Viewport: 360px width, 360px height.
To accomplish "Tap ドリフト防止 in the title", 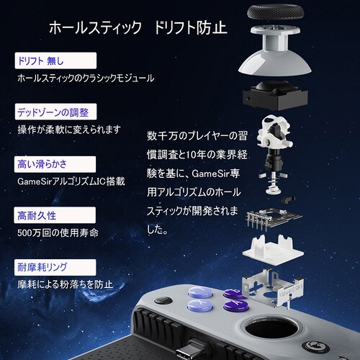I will pyautogui.click(x=191, y=29).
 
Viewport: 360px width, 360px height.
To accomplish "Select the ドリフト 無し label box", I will pyautogui.click(x=55, y=59).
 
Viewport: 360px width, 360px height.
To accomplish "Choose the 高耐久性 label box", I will pyautogui.click(x=55, y=215).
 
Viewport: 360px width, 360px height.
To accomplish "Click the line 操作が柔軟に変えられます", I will pyautogui.click(x=69, y=130).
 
